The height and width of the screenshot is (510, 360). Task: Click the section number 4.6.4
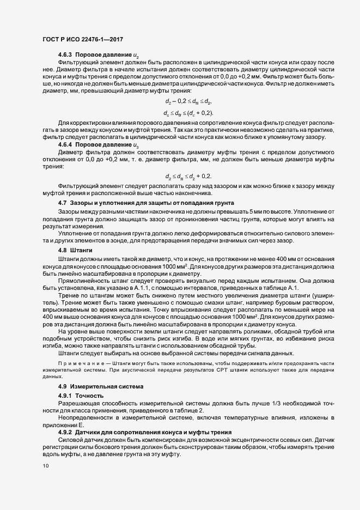point(65,145)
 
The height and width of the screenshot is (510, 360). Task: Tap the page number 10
point(45,466)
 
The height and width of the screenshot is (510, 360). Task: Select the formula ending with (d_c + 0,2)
point(187,113)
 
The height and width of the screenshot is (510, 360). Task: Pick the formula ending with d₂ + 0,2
point(187,177)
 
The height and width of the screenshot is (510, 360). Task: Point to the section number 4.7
point(62,203)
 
